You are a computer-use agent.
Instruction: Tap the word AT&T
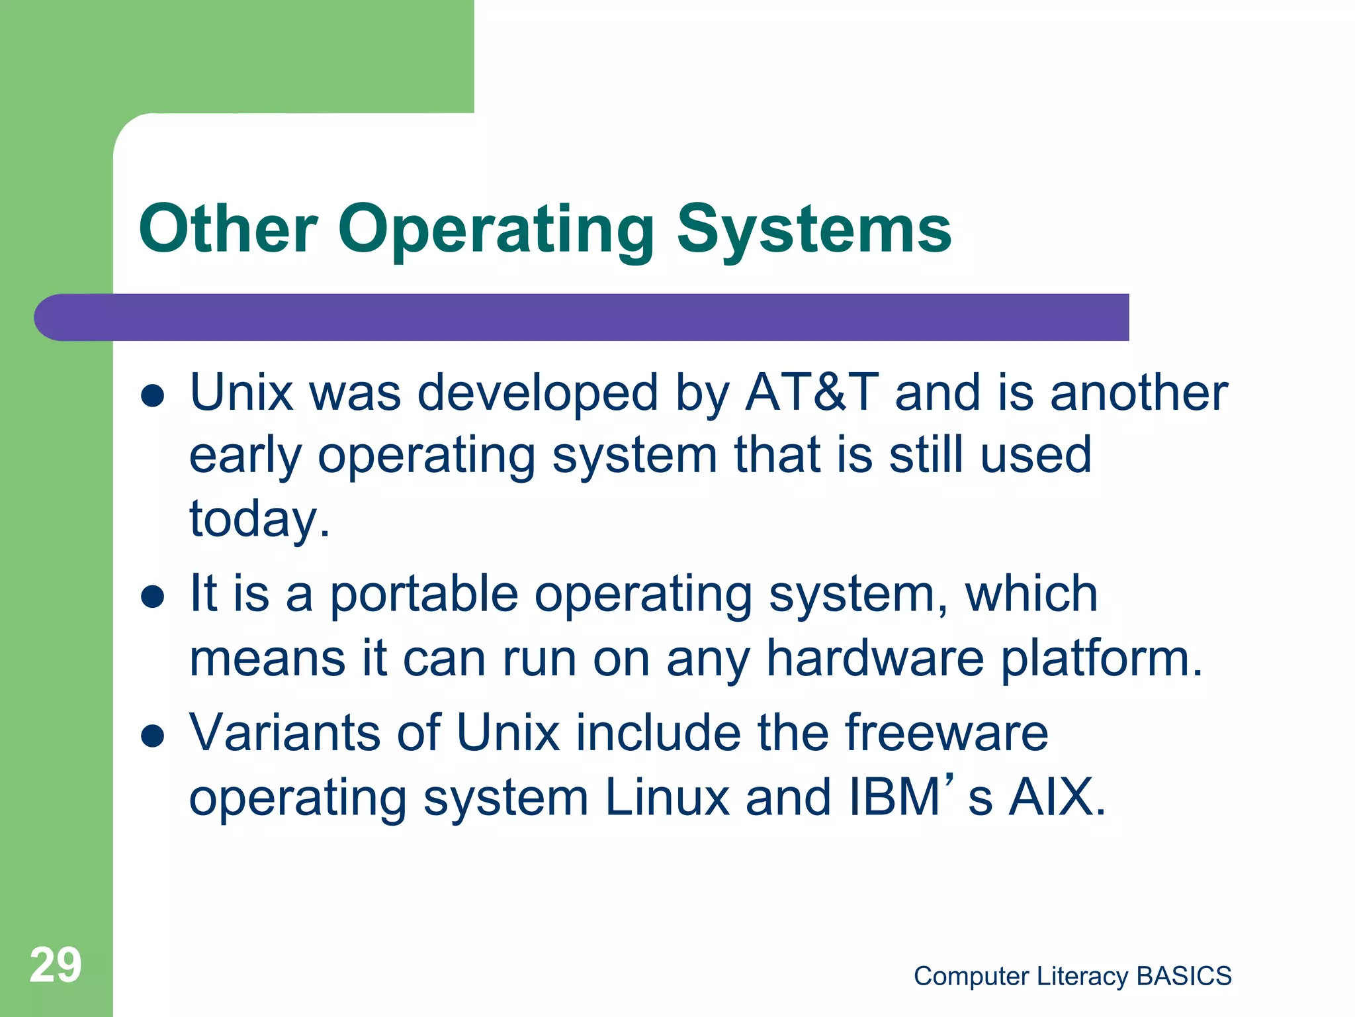[812, 393]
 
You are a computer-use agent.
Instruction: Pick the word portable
[423, 594]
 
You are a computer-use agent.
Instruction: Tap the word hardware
[875, 658]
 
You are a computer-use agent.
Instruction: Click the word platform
[1100, 658]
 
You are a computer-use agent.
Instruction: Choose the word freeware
[946, 732]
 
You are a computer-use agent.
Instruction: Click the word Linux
[666, 797]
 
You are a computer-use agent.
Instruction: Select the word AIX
[1056, 797]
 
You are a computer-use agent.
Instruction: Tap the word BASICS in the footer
[1184, 976]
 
